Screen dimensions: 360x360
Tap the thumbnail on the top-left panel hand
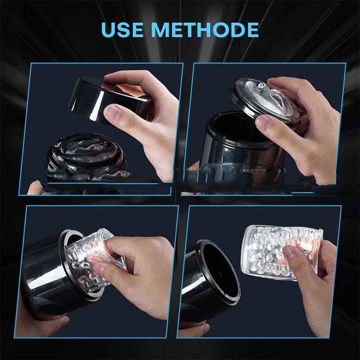112,112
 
